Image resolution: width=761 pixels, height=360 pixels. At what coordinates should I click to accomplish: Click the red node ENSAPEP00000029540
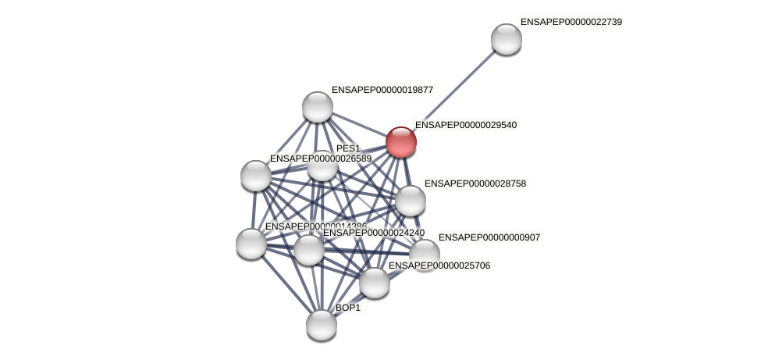400,142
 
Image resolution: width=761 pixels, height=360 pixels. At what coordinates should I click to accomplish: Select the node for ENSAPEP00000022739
506,39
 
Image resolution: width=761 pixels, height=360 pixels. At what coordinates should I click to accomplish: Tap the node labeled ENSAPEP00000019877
317,107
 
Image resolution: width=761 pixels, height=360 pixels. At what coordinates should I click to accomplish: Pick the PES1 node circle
322,166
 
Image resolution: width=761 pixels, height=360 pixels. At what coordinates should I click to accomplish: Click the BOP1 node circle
321,324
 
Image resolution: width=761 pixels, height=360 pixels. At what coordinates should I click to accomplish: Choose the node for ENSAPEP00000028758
410,201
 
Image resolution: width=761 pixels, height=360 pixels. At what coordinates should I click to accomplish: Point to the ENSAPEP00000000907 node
424,254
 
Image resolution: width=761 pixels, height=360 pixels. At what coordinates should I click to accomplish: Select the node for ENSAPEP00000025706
374,283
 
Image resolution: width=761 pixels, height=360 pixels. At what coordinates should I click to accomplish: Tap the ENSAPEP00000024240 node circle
308,250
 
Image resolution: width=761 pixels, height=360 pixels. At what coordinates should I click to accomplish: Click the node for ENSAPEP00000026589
255,176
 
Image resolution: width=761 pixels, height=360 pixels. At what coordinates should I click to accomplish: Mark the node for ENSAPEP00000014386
251,244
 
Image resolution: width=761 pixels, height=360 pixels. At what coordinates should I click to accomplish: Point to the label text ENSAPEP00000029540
465,125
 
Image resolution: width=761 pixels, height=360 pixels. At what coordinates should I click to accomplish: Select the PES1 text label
348,148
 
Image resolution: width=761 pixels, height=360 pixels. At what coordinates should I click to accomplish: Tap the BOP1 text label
348,308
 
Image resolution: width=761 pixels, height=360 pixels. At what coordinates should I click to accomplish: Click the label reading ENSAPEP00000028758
475,184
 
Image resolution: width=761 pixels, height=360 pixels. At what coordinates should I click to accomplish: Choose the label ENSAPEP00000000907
489,237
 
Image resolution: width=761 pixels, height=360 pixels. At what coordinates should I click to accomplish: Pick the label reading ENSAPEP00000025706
439,266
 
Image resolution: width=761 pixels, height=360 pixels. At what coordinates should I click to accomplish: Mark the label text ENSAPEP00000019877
382,90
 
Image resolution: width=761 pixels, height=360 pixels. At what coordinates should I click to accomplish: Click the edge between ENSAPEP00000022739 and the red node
453,91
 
